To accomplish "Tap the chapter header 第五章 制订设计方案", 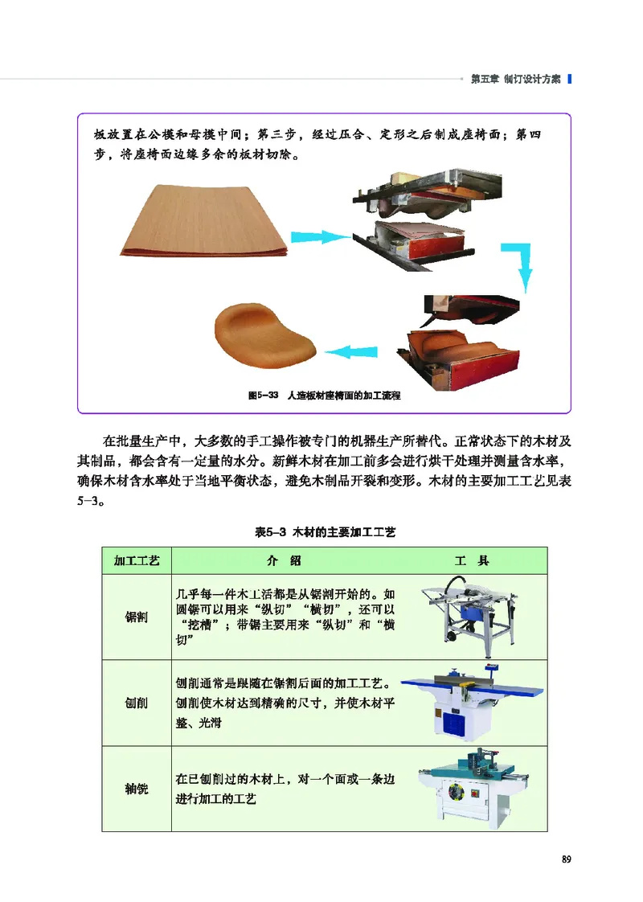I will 514,79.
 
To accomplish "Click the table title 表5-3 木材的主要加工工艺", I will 326,532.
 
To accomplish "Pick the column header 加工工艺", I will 137,560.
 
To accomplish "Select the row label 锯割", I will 137,617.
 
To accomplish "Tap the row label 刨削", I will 137,703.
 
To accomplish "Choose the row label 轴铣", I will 137,789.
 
